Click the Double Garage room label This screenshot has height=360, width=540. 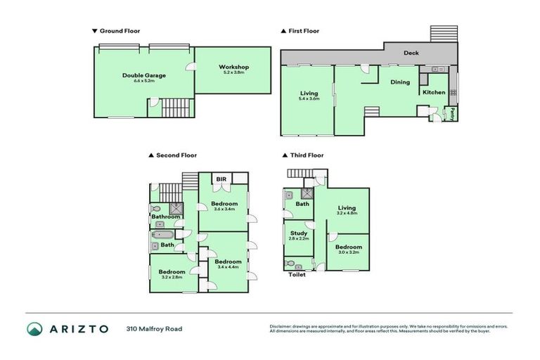138,75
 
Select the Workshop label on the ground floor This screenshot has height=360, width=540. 234,67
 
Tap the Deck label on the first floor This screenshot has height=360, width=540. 411,53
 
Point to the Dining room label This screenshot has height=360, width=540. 399,82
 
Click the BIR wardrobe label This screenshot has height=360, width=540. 220,179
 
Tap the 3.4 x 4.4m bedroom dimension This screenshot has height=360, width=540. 229,266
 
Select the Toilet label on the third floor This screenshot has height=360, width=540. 297,275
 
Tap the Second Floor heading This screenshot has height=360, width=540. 176,155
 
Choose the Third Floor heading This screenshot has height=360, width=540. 306,155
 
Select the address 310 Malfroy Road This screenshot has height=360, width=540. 154,328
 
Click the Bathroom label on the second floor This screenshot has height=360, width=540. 166,217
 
